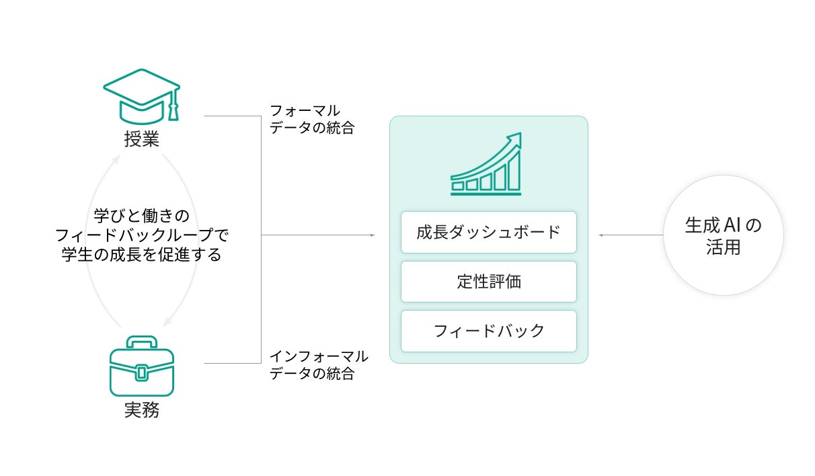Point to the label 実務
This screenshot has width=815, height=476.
point(141,410)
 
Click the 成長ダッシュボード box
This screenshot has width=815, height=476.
point(488,233)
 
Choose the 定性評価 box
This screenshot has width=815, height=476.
point(488,282)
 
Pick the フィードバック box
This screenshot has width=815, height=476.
point(488,331)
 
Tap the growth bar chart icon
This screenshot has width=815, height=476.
point(486,165)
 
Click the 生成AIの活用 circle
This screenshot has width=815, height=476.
point(724,235)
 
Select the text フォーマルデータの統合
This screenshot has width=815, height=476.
point(311,119)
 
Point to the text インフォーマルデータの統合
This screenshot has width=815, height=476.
point(318,365)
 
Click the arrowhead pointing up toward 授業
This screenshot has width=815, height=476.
point(117,159)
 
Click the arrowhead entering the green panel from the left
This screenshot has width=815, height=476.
point(372,235)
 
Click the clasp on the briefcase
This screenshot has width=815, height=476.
point(141,371)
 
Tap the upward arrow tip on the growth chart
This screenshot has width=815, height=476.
point(516,138)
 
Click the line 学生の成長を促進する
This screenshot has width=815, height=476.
point(141,255)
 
